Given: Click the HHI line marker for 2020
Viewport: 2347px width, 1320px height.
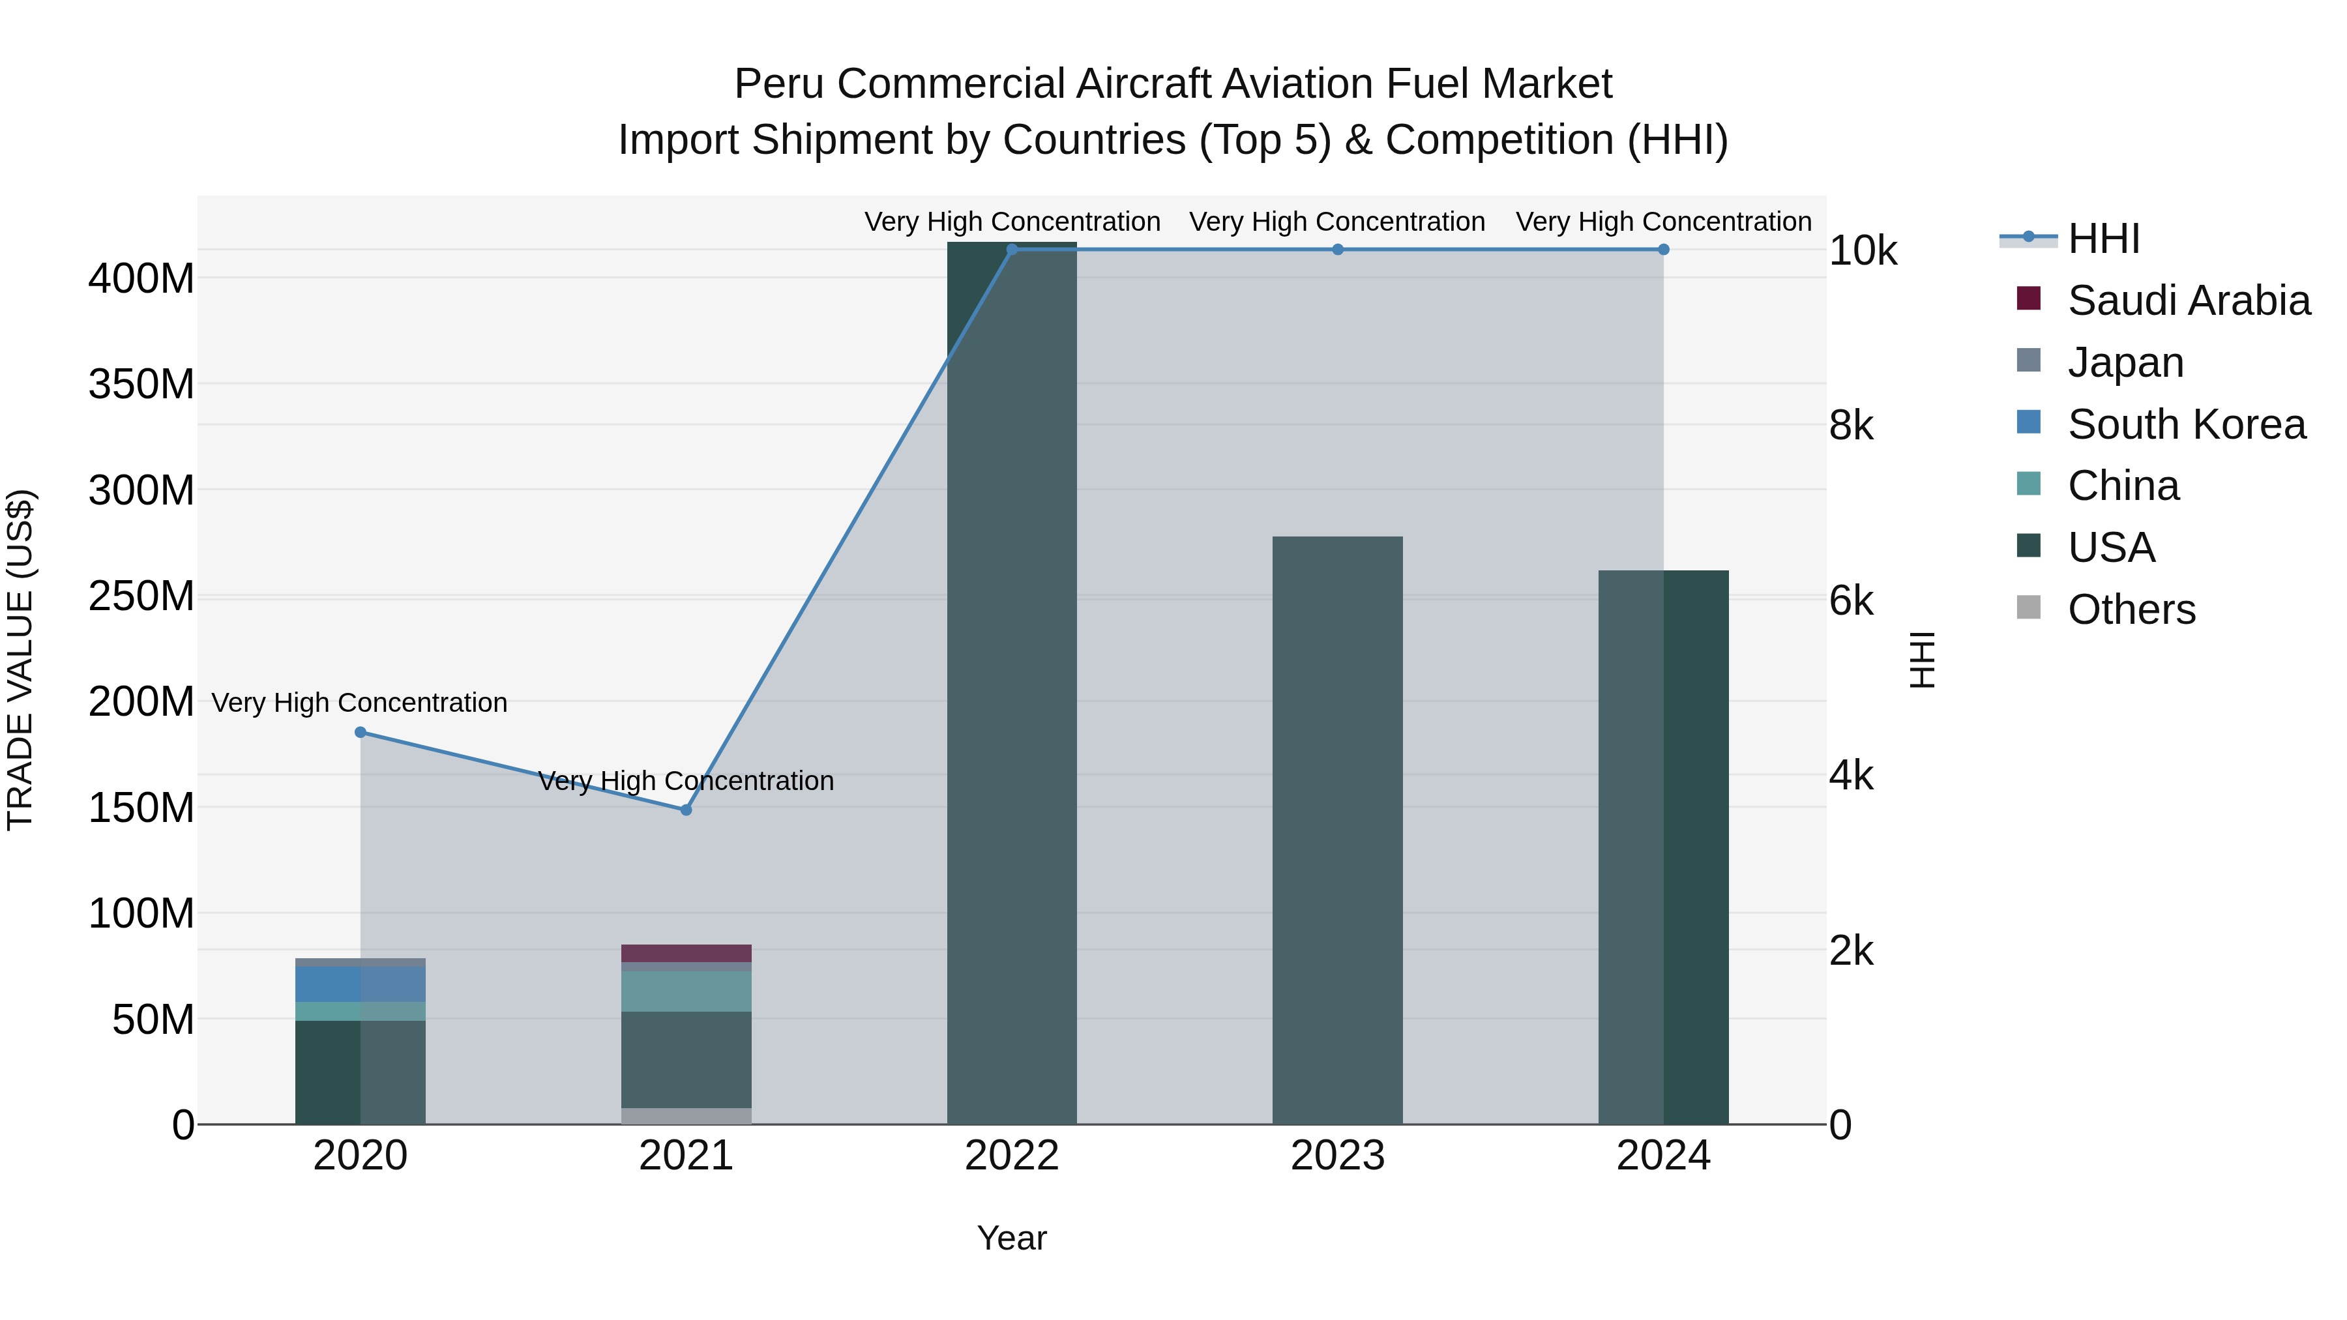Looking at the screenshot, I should tap(360, 733).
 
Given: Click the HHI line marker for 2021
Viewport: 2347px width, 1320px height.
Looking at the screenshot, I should tap(686, 810).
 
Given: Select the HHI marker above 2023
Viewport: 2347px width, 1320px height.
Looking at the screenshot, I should tap(1338, 250).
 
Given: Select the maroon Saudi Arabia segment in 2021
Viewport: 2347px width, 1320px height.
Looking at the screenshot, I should tap(686, 953).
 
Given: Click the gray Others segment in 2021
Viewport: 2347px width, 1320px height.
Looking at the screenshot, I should tap(686, 1116).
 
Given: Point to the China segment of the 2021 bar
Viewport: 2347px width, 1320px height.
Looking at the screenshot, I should tap(686, 991).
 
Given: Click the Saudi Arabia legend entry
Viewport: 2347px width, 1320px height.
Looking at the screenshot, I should tap(2187, 301).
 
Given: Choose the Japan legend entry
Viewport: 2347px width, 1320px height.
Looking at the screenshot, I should tap(2125, 362).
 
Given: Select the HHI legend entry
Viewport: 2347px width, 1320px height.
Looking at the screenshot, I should tap(2103, 239).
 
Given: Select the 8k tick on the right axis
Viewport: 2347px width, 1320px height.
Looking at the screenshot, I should tap(1852, 426).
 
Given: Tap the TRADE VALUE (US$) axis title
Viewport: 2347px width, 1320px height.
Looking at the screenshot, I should tap(20, 660).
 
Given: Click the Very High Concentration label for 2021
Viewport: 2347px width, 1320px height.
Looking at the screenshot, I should tap(686, 782).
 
